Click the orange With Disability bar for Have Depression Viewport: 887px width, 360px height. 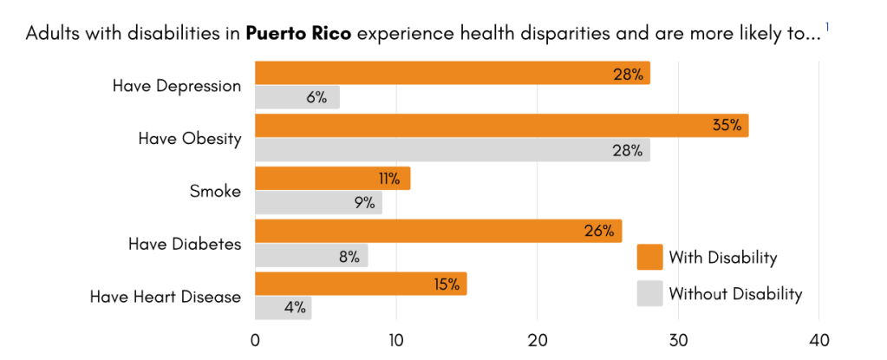pos(451,74)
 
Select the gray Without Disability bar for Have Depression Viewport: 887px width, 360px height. pos(297,97)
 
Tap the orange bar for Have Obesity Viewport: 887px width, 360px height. pos(500,126)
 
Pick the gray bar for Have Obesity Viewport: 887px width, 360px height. pos(451,150)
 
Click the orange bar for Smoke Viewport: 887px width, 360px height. pos(331,179)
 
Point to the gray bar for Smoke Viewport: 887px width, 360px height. pos(317,203)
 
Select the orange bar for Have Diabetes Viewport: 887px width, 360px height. pos(437,232)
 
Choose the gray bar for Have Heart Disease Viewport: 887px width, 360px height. pos(283,308)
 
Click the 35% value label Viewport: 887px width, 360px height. pos(727,126)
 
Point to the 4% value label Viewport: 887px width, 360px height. pos(292,308)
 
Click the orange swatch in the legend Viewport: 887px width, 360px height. pos(649,258)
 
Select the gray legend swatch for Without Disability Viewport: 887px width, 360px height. pos(649,294)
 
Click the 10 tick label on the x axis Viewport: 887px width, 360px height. pos(396,340)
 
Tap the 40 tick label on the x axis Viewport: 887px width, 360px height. pos(819,340)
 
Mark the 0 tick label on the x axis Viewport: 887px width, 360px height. pos(255,340)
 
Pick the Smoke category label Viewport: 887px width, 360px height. pos(215,192)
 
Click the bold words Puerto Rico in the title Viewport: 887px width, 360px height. pos(299,35)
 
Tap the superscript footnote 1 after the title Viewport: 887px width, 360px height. pos(827,28)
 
